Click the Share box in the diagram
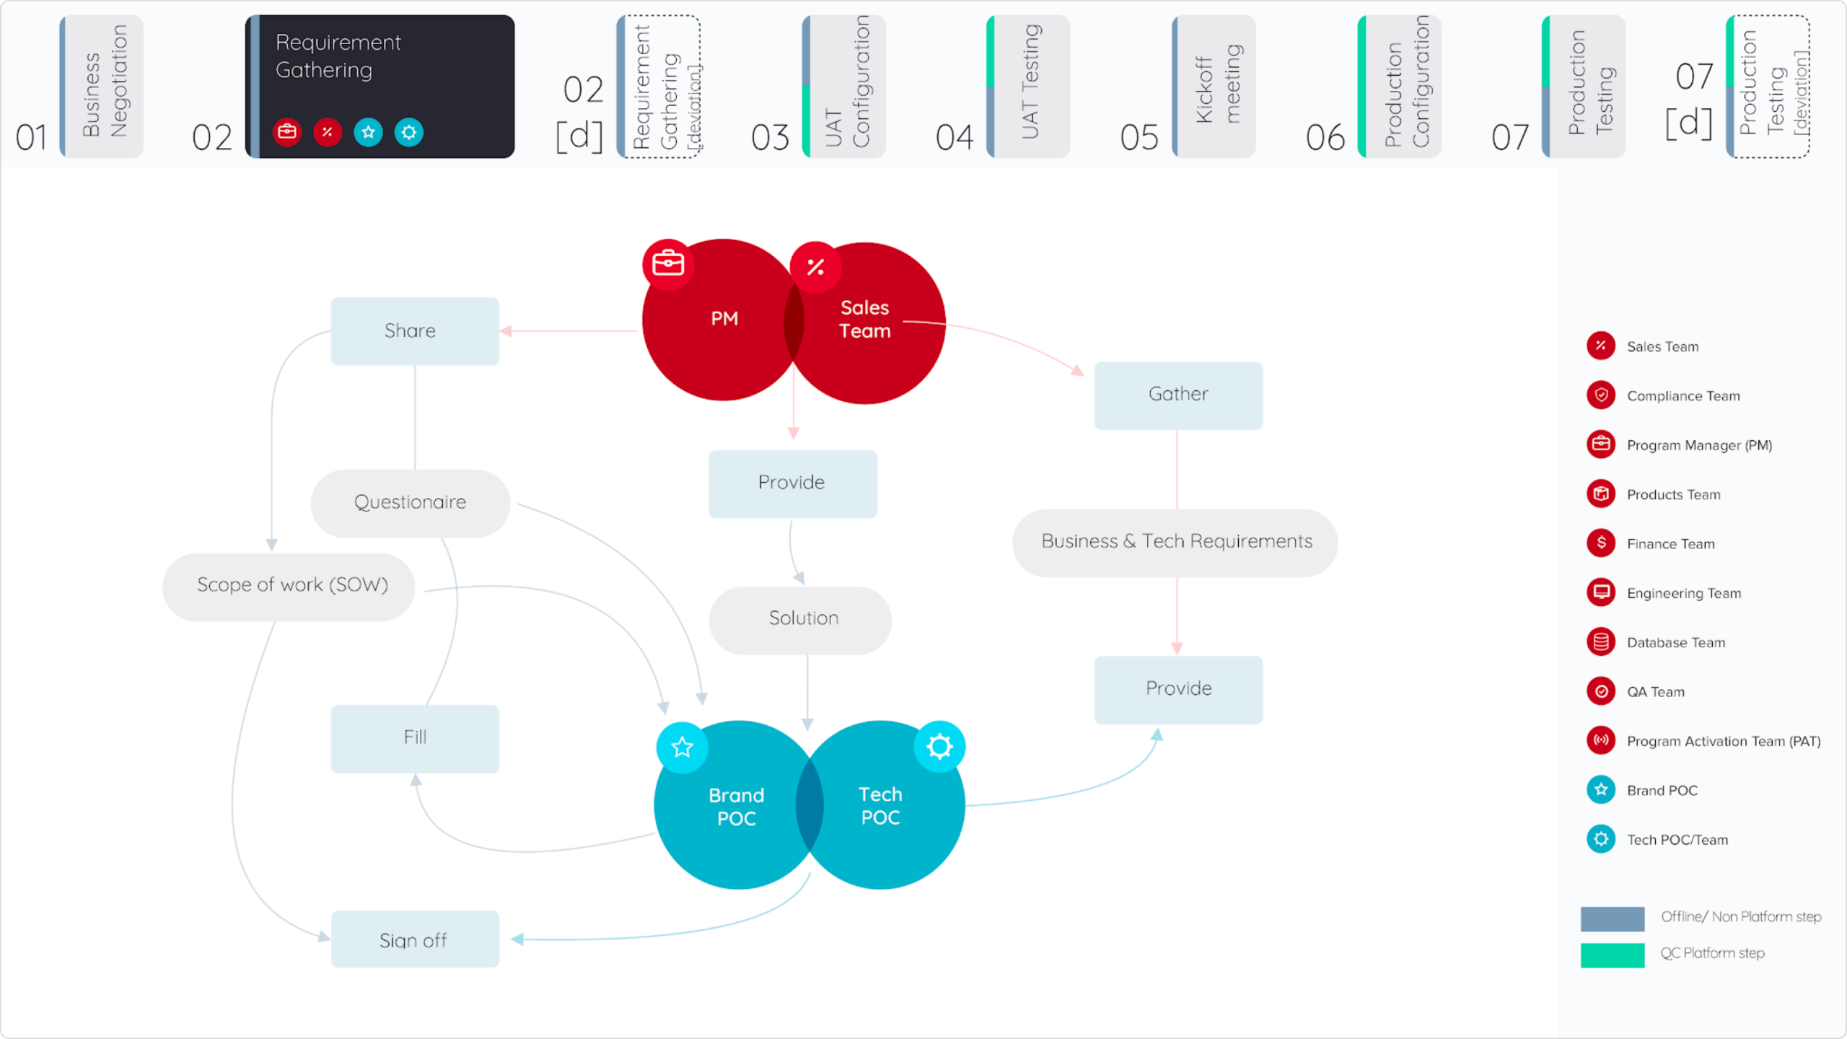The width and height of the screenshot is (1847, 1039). (x=415, y=331)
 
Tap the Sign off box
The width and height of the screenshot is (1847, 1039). (x=415, y=939)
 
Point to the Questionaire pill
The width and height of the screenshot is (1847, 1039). (x=411, y=503)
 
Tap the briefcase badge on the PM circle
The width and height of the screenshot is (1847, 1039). (x=668, y=264)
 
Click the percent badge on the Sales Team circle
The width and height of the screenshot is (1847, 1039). (x=816, y=267)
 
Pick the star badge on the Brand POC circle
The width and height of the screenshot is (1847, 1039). (x=682, y=748)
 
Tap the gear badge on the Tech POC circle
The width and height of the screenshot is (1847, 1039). (x=939, y=747)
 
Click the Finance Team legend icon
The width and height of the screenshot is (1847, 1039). (x=1601, y=543)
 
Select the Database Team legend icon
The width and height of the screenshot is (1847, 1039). (x=1601, y=642)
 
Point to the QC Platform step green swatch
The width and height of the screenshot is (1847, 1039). (x=1613, y=955)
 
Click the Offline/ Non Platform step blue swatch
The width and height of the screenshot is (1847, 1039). (x=1613, y=919)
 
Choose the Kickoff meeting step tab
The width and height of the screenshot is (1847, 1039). (x=1214, y=87)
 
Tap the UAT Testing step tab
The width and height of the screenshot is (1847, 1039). (x=1028, y=87)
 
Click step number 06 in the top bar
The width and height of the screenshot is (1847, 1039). (x=1325, y=137)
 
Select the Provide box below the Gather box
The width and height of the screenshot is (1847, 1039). (x=1178, y=690)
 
